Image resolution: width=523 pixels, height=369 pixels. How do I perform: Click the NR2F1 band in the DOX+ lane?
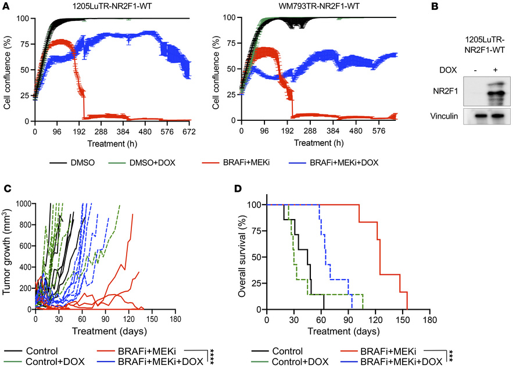click(x=494, y=93)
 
